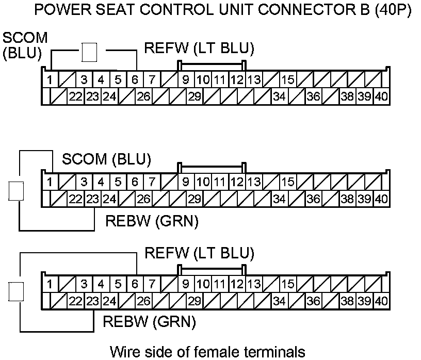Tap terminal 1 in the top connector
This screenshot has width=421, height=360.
pos(50,80)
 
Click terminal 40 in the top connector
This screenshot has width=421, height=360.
pos(381,96)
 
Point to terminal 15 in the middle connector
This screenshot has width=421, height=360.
pos(288,182)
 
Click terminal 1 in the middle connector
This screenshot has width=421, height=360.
pos(50,182)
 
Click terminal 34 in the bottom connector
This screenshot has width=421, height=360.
pos(280,301)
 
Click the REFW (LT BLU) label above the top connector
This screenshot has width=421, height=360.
pos(199,49)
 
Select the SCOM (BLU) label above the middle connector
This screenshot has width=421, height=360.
pos(106,159)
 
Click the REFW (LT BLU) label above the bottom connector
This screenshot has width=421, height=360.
pos(199,253)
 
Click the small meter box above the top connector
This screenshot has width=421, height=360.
pos(90,52)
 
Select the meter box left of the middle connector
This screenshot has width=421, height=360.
pos(17,191)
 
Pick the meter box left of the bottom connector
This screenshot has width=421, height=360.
pos(17,292)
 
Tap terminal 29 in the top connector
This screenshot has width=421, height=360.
pos(194,96)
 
